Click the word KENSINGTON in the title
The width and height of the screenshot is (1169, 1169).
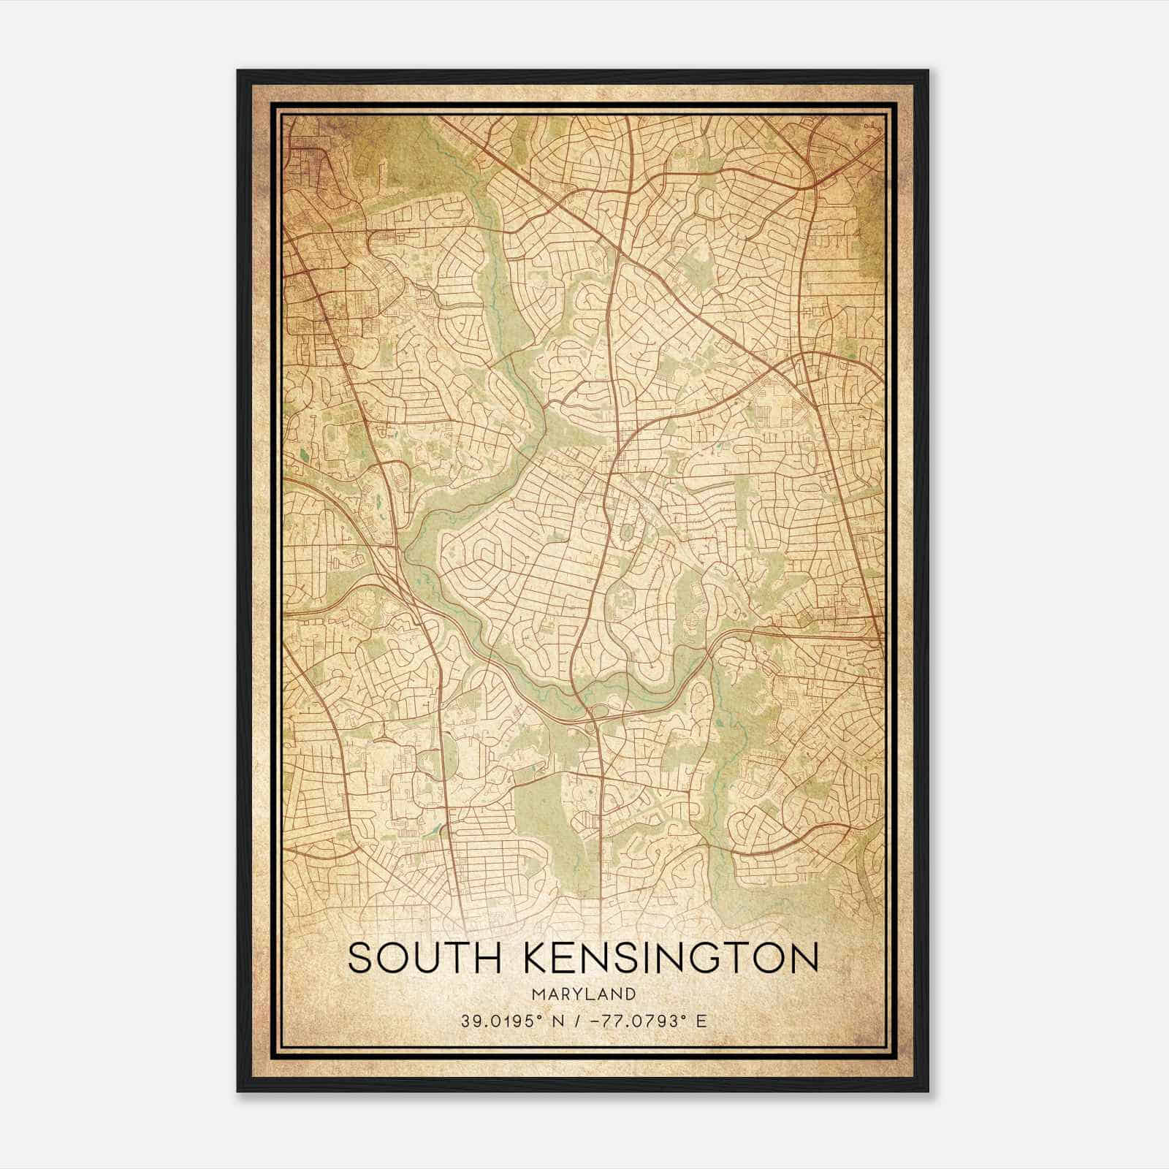click(671, 958)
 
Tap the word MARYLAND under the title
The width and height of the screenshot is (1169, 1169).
click(584, 994)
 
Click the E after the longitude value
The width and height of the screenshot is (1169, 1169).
click(702, 1021)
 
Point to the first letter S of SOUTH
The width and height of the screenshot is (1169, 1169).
click(359, 958)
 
